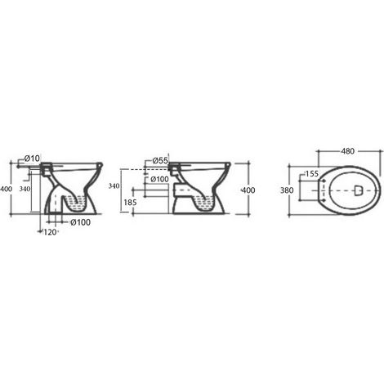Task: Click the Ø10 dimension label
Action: click(x=32, y=158)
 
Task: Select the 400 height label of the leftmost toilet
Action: click(x=6, y=189)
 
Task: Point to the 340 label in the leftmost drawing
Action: click(x=25, y=189)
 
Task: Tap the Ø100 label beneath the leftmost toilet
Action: click(x=80, y=222)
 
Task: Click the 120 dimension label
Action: click(x=50, y=232)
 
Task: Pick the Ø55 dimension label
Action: click(x=160, y=161)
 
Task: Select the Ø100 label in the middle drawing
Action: click(x=159, y=179)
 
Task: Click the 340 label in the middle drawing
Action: click(x=114, y=186)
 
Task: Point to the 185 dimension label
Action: click(x=130, y=203)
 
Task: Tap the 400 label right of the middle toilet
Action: click(x=248, y=190)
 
